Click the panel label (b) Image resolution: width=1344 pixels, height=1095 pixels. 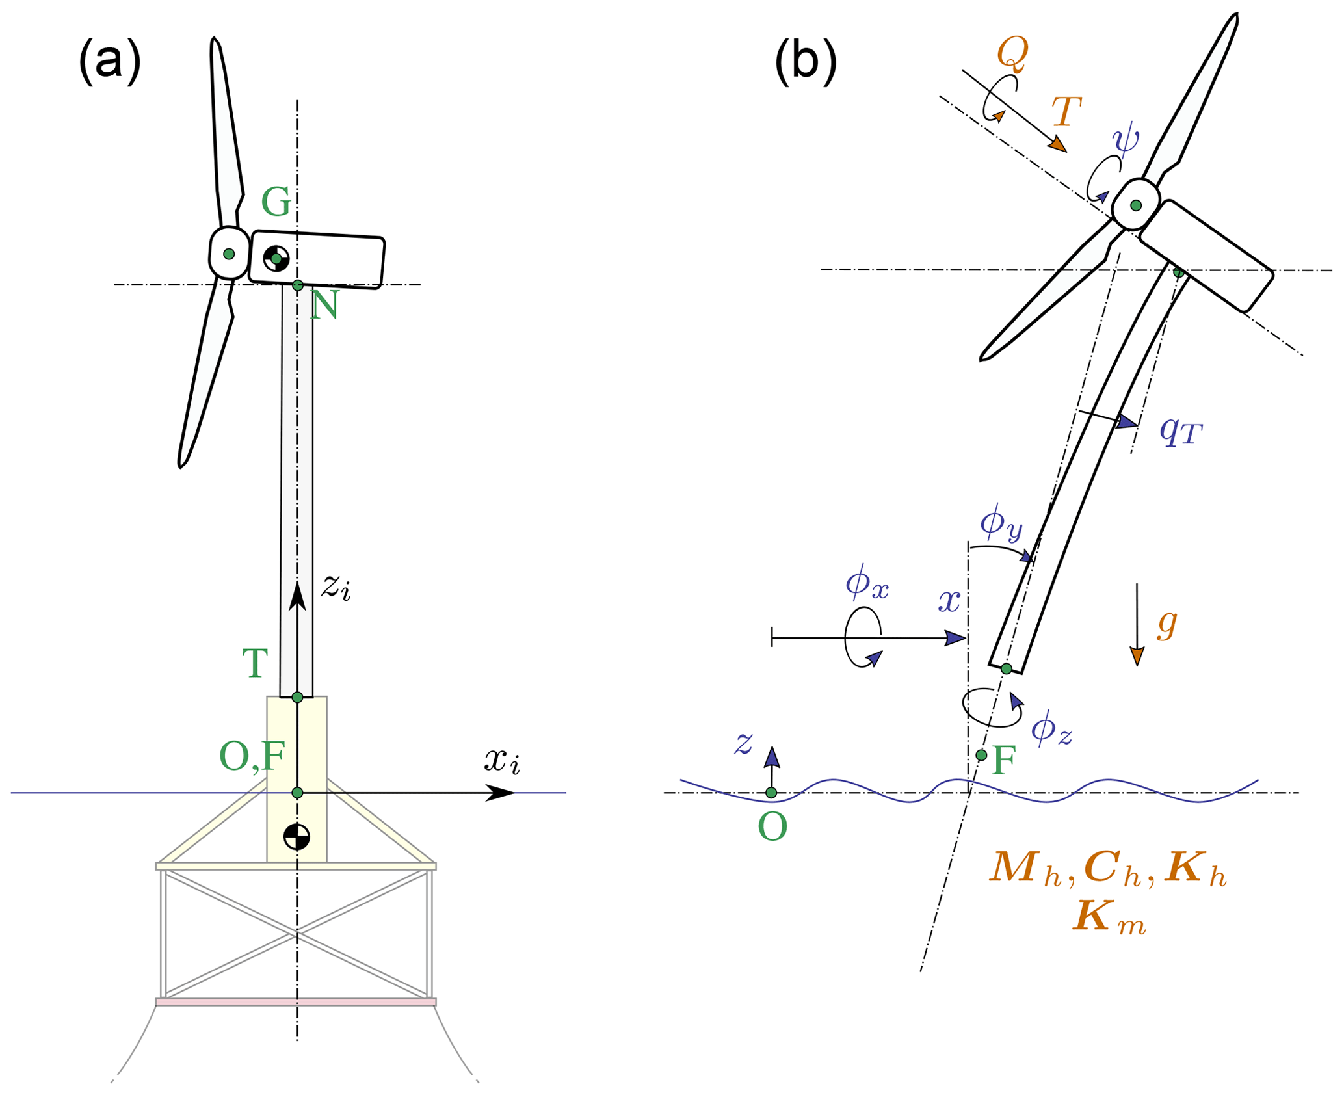pos(806,62)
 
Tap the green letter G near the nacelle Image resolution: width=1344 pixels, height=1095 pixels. pos(276,202)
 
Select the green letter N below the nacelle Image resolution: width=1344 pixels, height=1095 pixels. pos(324,305)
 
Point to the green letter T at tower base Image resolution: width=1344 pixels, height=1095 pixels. pos(255,663)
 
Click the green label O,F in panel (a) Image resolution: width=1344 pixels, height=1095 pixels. pos(252,756)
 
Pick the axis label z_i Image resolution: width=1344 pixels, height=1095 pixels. pos(336,587)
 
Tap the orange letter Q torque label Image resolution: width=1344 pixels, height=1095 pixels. pos(1012,53)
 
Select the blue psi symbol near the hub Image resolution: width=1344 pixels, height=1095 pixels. pos(1126,139)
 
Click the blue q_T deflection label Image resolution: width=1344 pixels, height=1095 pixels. pos(1181,430)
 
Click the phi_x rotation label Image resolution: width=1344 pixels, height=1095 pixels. pos(867,583)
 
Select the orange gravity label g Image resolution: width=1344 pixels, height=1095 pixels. pos(1167,624)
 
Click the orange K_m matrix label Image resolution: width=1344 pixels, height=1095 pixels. pos(1109,917)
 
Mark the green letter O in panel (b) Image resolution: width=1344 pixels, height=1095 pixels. pos(772,828)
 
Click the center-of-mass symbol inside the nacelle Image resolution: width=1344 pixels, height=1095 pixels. pos(276,258)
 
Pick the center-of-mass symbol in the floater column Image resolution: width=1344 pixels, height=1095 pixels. pos(296,837)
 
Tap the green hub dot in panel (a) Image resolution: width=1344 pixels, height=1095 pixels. pos(229,254)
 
